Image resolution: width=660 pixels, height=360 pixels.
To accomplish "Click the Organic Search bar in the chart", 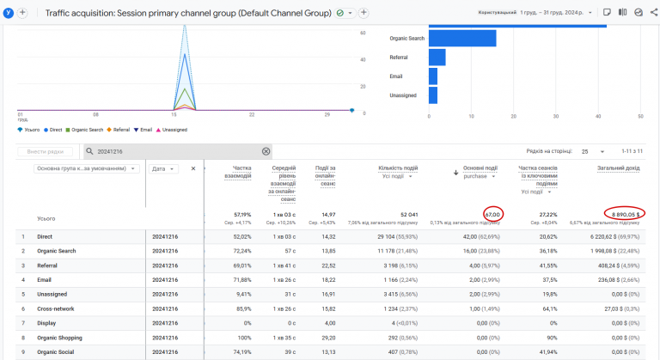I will [461, 39].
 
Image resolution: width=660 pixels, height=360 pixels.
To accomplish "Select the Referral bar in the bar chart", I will [437, 58].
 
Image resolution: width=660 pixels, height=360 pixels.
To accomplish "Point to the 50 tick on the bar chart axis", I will [640, 115].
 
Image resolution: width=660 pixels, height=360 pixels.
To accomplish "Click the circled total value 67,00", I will [492, 214].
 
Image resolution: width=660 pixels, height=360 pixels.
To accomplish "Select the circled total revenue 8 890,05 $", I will [624, 214].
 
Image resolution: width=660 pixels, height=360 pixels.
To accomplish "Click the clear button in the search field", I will [266, 151].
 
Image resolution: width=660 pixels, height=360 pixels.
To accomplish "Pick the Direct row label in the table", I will [46, 235].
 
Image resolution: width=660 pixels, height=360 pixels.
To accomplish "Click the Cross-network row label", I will [55, 308].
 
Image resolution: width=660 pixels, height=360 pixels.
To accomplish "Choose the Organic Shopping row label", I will [59, 338].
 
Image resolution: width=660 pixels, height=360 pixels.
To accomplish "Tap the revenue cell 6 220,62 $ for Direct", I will [615, 235].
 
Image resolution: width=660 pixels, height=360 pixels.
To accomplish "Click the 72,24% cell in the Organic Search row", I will [241, 250].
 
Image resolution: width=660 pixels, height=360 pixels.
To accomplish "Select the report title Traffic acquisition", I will [187, 13].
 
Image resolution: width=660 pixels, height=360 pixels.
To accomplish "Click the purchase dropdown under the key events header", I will [480, 176].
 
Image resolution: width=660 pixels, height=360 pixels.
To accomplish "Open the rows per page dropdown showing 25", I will [591, 151].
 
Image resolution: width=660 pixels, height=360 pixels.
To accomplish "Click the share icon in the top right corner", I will [653, 13].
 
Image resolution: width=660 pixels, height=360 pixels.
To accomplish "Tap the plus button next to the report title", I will [364, 13].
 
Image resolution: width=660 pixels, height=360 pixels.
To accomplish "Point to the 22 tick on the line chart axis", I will [251, 115].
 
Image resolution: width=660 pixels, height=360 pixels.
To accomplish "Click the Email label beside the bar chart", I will [395, 76].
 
